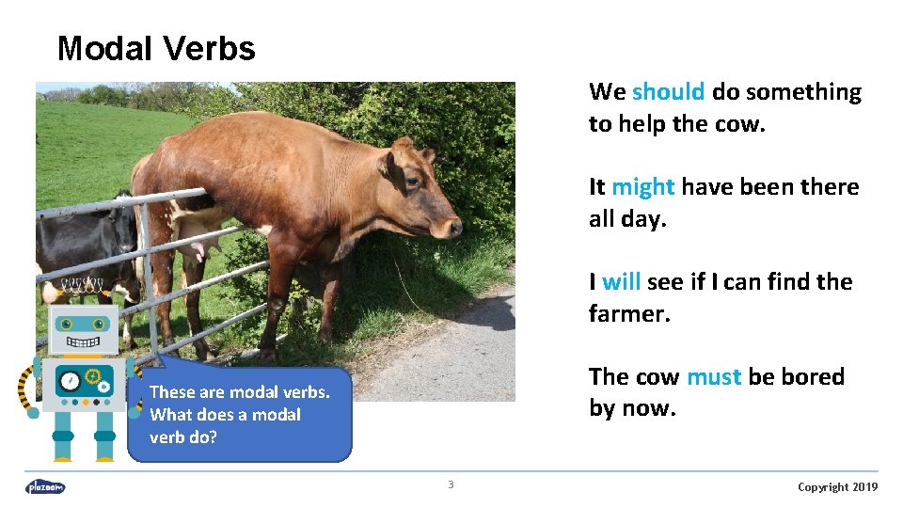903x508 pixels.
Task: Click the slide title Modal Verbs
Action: [x=156, y=49]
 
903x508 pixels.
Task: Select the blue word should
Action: [x=668, y=92]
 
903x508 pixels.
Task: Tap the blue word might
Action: [x=642, y=187]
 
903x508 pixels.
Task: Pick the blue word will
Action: [x=621, y=282]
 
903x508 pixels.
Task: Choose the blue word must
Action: [x=714, y=377]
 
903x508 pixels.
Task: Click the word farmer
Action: [x=628, y=314]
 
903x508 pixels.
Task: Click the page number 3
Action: [x=451, y=485]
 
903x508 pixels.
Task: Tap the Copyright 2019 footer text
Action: [x=837, y=486]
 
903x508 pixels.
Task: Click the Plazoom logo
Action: [x=45, y=486]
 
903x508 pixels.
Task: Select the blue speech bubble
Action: [x=240, y=415]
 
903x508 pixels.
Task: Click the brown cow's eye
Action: [x=413, y=183]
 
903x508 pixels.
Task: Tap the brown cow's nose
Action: [x=454, y=227]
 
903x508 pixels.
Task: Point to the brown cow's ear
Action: [x=388, y=164]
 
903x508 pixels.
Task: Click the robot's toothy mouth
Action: [x=83, y=341]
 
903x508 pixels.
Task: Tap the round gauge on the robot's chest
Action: [x=71, y=382]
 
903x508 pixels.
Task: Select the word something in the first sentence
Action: [x=803, y=92]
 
